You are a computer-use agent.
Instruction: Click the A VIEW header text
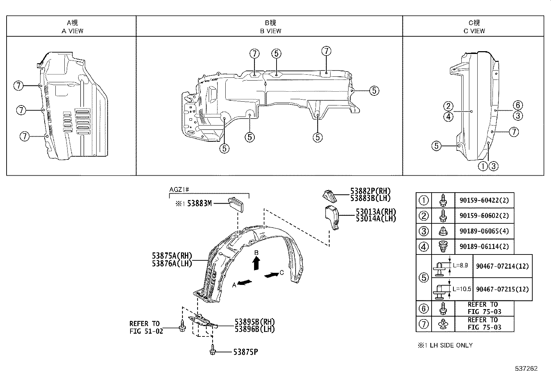(x=72, y=31)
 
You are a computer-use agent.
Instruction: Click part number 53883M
(x=199, y=204)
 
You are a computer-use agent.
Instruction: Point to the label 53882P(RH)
(x=370, y=191)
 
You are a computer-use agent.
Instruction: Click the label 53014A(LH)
(x=376, y=219)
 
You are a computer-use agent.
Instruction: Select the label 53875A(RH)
(x=172, y=256)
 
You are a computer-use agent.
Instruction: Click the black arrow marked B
(x=256, y=264)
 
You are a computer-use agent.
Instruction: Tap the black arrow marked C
(x=271, y=275)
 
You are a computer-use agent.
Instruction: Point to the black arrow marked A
(x=245, y=282)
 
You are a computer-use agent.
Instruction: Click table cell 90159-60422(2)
(x=484, y=200)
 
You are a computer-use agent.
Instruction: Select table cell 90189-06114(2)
(x=484, y=247)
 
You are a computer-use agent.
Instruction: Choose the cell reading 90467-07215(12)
(x=502, y=289)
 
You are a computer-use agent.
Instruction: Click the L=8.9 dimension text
(x=460, y=265)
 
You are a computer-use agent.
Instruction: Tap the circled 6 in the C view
(x=517, y=105)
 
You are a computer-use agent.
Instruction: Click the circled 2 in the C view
(x=448, y=106)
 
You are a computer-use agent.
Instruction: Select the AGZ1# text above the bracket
(x=179, y=189)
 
